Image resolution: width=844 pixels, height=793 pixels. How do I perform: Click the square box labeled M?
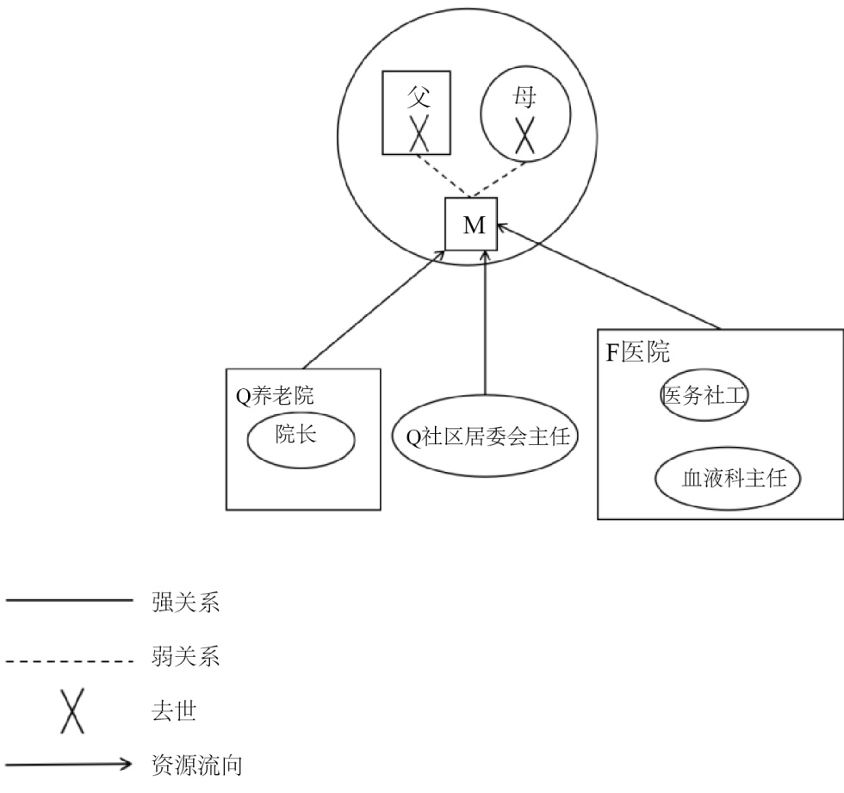click(474, 225)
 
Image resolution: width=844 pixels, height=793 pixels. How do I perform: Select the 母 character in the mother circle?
click(525, 96)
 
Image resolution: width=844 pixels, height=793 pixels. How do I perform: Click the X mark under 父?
click(419, 135)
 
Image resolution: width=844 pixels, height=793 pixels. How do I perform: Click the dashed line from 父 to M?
click(439, 175)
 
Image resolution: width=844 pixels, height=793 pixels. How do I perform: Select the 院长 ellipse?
click(301, 438)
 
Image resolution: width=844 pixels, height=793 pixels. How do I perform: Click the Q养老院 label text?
click(275, 396)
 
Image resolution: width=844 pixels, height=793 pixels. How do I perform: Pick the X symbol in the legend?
click(72, 713)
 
